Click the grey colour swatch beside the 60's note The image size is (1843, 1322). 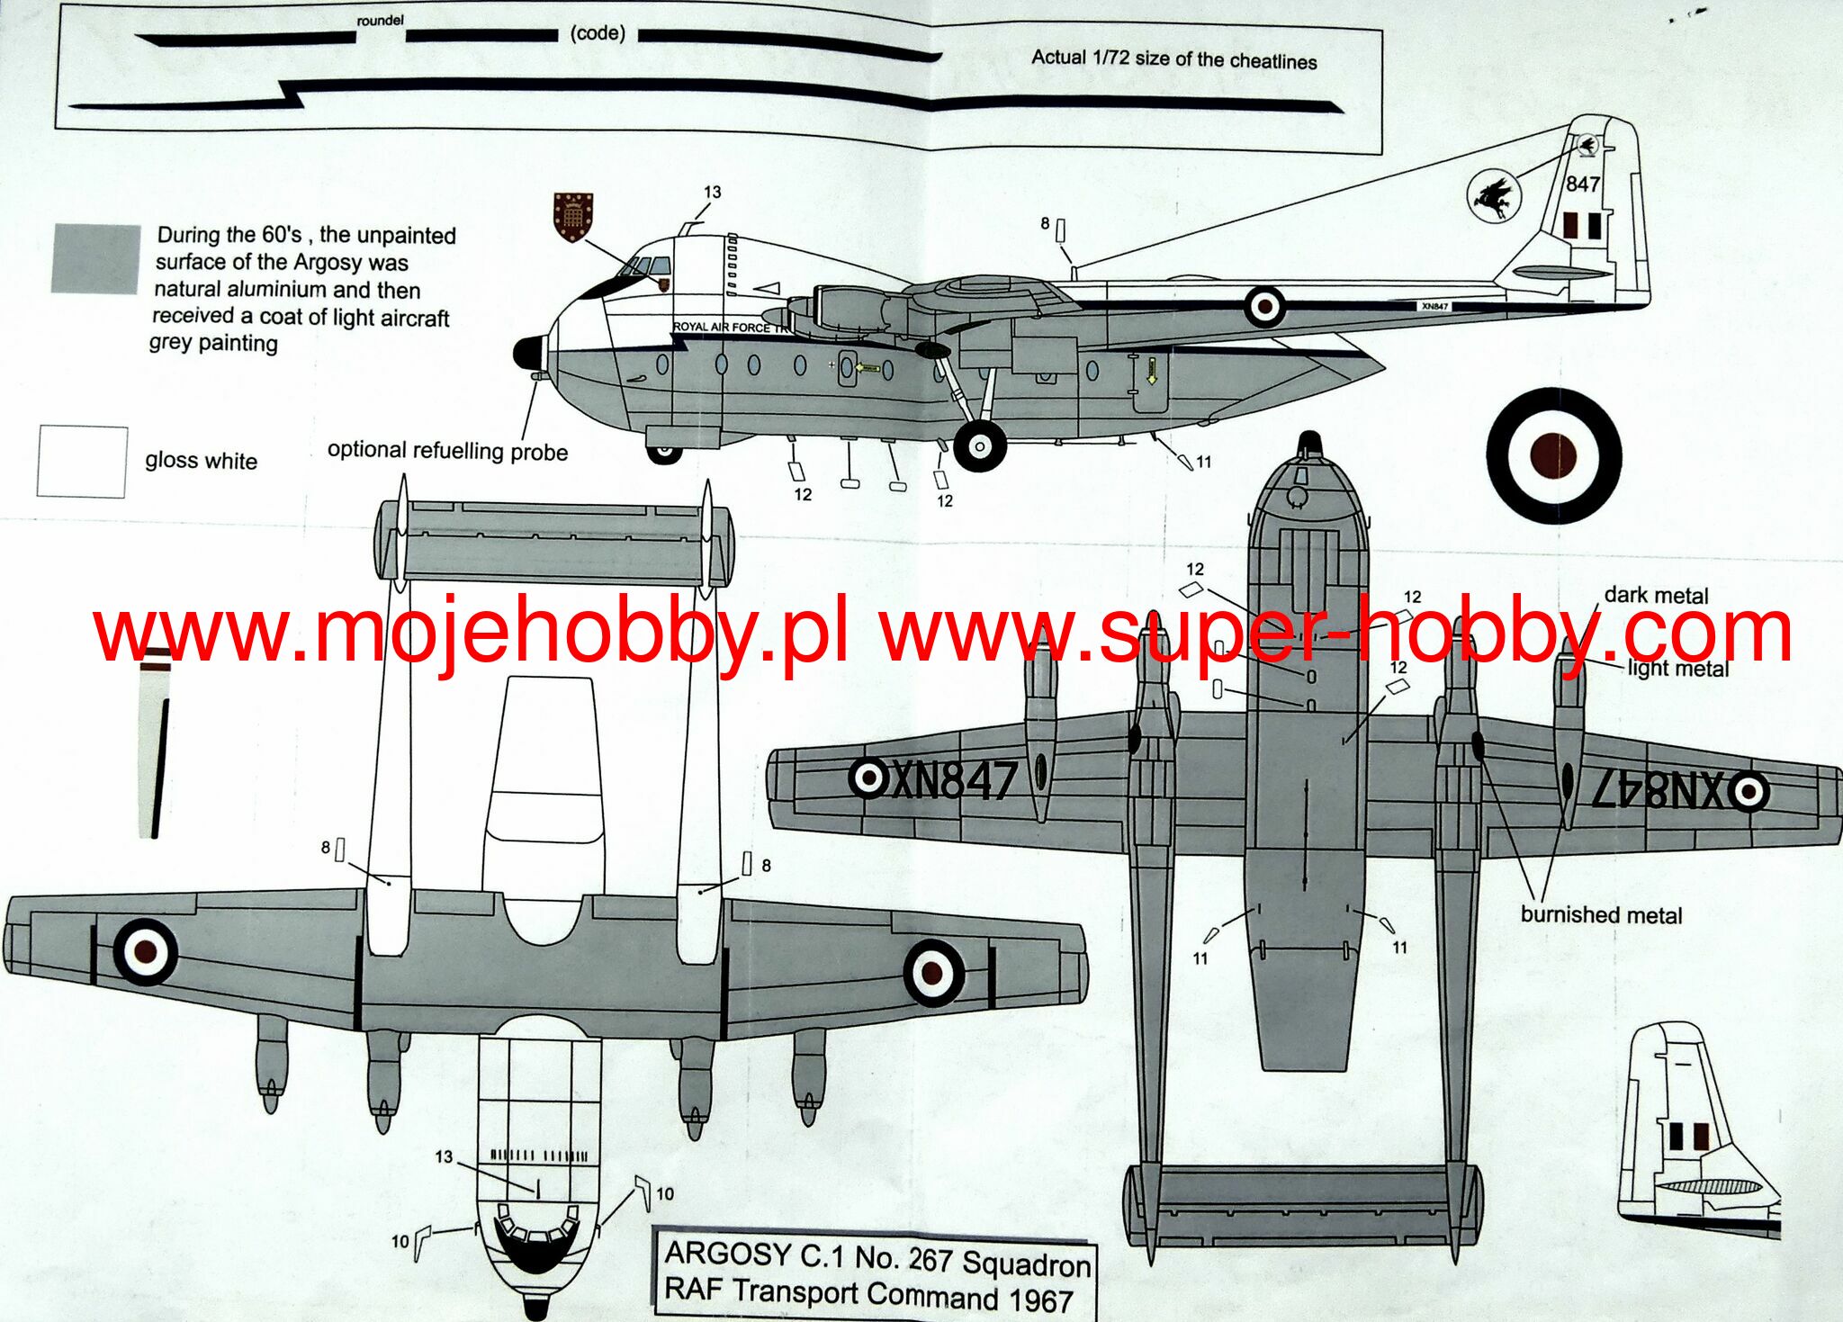pyautogui.click(x=95, y=258)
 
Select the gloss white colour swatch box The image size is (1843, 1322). pyautogui.click(x=82, y=462)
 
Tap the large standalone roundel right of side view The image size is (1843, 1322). pyautogui.click(x=1553, y=455)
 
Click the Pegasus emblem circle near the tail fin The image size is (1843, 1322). pyautogui.click(x=1493, y=196)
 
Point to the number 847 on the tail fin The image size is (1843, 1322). pyautogui.click(x=1583, y=184)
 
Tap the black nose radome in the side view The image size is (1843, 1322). pyautogui.click(x=528, y=353)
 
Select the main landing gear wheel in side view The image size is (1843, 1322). pyautogui.click(x=979, y=445)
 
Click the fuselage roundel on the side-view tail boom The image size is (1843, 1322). pyautogui.click(x=1264, y=307)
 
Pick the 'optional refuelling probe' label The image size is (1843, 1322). pyautogui.click(x=447, y=451)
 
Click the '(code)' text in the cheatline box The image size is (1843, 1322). pyautogui.click(x=598, y=34)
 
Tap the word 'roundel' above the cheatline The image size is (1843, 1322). pyautogui.click(x=380, y=20)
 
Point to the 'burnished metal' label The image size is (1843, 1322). pyautogui.click(x=1601, y=915)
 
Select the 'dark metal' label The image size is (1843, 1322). pyautogui.click(x=1656, y=595)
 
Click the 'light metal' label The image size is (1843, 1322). pyautogui.click(x=1678, y=669)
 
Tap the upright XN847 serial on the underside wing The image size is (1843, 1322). pyautogui.click(x=954, y=780)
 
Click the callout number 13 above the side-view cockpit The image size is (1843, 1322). pyautogui.click(x=712, y=193)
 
